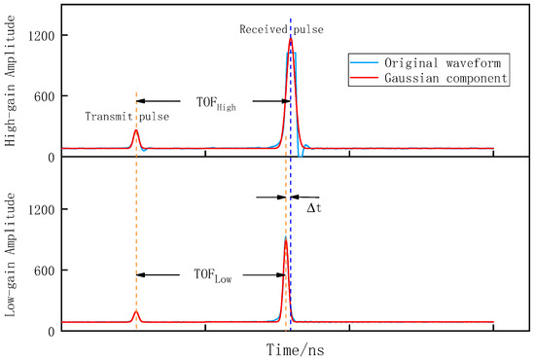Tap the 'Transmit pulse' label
pos(127,117)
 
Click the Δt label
pos(313,208)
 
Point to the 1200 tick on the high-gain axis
pos(39,35)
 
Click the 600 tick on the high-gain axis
pos(42,95)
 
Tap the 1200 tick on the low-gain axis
pos(39,209)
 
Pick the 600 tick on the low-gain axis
pos(42,270)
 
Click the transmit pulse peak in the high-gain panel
pos(136,130)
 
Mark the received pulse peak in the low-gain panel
pos(285,239)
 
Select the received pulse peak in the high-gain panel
pos(290,39)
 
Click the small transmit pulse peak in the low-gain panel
pos(136,312)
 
